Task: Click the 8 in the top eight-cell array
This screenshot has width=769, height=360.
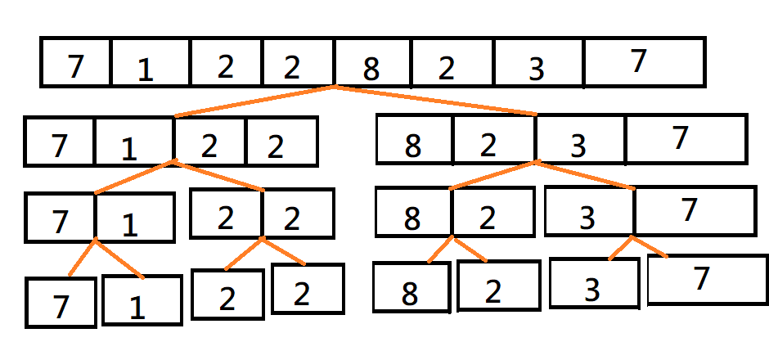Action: (371, 68)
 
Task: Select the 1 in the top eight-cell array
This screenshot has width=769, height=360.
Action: (145, 71)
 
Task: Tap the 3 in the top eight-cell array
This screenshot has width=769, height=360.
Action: (536, 70)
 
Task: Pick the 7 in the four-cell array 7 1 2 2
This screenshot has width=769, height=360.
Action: (59, 146)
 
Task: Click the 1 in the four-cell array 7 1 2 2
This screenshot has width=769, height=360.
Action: (129, 149)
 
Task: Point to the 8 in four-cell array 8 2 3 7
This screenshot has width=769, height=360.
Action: (413, 146)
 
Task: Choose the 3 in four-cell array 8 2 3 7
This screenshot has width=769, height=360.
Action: (578, 146)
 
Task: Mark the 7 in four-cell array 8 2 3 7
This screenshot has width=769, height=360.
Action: (680, 138)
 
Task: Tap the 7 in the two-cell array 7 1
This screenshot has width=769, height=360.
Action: (59, 220)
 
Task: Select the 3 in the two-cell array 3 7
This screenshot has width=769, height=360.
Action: (587, 218)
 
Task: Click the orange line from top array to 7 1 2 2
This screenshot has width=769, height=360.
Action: (254, 101)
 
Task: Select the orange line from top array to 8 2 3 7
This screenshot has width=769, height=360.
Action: (434, 100)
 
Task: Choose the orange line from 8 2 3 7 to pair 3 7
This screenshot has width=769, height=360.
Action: (585, 175)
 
